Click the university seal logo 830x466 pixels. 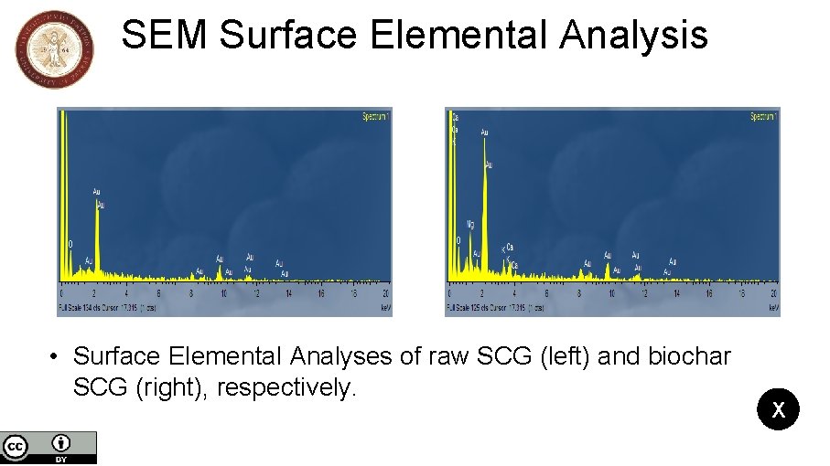point(55,50)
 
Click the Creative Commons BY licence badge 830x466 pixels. point(49,447)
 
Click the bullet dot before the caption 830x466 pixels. point(56,356)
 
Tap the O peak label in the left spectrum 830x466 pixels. point(70,245)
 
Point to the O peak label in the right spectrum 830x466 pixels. point(458,241)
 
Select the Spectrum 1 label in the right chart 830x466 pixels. point(764,117)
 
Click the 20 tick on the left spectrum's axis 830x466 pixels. point(386,294)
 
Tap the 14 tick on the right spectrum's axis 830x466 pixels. point(676,294)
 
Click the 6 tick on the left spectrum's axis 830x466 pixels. point(158,294)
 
